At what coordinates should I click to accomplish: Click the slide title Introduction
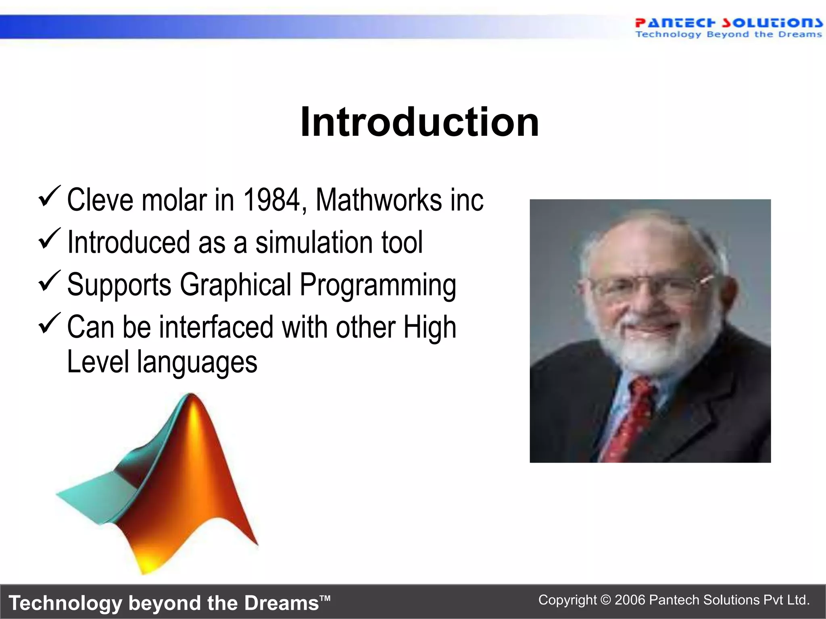coord(419,122)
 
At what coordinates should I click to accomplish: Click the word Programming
coord(378,285)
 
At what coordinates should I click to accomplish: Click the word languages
coord(197,362)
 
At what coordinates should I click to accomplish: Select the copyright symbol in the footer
coord(605,600)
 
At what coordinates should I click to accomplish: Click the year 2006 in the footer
coord(630,600)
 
